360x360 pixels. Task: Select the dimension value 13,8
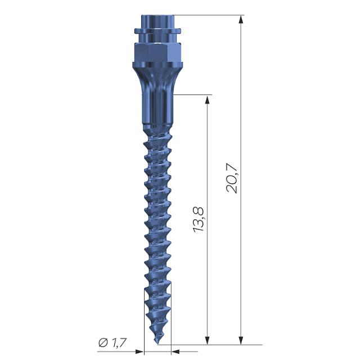tap(198, 220)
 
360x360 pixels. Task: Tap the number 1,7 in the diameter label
tap(119, 342)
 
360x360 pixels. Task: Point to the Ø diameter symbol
tap(102, 342)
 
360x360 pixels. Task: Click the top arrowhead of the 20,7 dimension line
tap(241, 19)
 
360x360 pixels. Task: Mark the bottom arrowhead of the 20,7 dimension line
tap(241, 340)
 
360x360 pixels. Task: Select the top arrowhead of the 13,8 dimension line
tap(208, 100)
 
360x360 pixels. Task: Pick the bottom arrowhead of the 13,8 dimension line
tap(208, 340)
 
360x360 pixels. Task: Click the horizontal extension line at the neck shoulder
tap(191, 95)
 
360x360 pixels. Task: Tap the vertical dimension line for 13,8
tap(208, 169)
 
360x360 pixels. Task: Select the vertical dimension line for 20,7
tap(241, 253)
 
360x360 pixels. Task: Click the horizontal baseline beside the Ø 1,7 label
tap(112, 349)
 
